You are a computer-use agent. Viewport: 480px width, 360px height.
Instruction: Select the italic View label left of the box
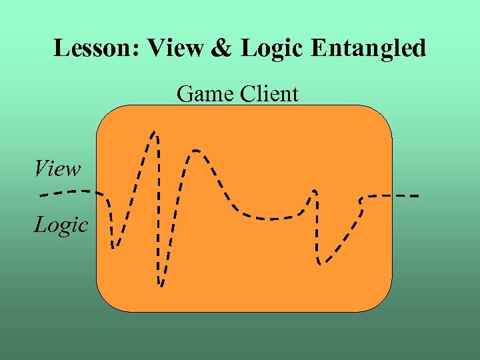(x=58, y=169)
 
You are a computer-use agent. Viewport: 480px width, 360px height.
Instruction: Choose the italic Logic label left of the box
(x=61, y=225)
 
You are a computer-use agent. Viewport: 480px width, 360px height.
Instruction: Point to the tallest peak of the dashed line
(x=155, y=133)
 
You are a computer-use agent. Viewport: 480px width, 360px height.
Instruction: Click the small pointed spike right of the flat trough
(x=313, y=191)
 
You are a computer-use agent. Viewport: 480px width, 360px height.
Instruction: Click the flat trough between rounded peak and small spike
(x=270, y=218)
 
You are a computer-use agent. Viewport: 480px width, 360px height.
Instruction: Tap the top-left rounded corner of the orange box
(x=107, y=115)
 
